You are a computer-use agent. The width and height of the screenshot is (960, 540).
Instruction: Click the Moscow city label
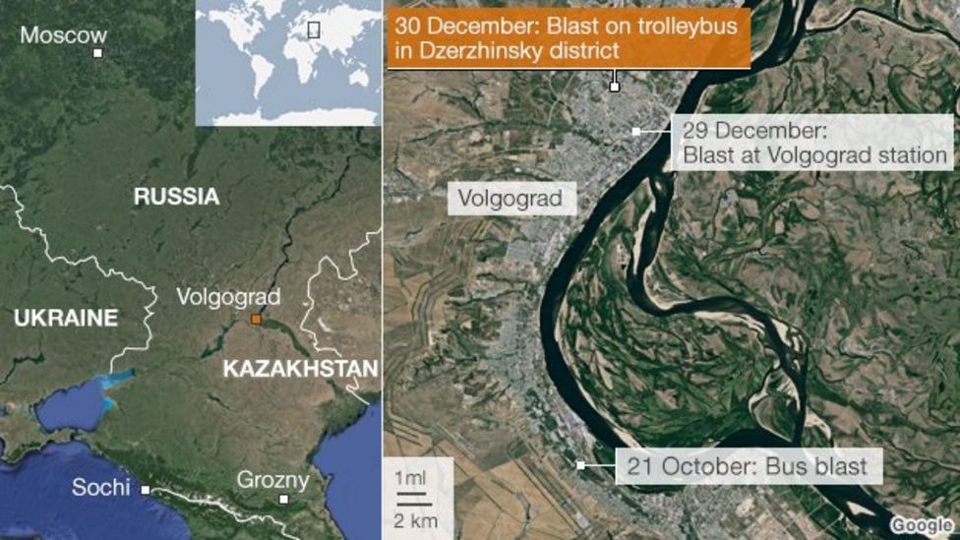(x=63, y=36)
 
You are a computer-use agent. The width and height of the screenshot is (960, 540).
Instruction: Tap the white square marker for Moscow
(x=97, y=52)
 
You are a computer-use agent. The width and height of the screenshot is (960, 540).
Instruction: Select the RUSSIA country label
(x=177, y=197)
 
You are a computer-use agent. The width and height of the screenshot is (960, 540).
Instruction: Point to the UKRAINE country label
(x=66, y=318)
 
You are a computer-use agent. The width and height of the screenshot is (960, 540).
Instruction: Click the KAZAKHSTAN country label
(x=300, y=370)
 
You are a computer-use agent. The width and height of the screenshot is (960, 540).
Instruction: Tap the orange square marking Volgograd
(x=255, y=320)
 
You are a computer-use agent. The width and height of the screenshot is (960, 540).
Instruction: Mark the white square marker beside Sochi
(x=146, y=489)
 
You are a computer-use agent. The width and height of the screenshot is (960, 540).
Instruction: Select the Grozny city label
(x=272, y=481)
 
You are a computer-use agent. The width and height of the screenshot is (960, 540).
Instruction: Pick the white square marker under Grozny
(x=283, y=499)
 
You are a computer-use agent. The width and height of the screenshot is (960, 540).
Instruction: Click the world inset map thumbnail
(x=287, y=63)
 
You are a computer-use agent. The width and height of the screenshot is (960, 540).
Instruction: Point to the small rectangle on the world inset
(x=314, y=30)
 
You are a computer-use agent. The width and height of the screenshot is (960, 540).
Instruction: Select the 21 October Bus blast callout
(x=749, y=465)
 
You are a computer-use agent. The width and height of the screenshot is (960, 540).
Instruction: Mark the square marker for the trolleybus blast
(x=615, y=87)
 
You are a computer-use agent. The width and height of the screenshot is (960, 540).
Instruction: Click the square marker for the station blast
(x=637, y=131)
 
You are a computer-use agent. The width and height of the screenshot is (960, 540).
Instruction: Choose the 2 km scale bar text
(x=417, y=520)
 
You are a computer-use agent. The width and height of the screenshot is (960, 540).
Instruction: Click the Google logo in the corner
(x=922, y=525)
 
